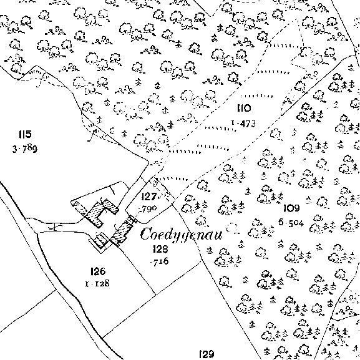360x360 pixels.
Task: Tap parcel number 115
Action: pos(25,134)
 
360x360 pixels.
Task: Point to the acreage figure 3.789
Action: pos(24,149)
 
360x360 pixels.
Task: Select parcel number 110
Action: pos(244,108)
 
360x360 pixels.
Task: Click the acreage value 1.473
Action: pos(243,124)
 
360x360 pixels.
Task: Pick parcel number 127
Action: pos(149,197)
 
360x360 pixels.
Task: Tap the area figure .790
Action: pos(148,209)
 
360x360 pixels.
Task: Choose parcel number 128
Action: pos(160,249)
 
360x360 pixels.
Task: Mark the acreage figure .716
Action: pos(160,261)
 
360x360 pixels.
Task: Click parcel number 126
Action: pos(98,271)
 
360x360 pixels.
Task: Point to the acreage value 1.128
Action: pos(97,284)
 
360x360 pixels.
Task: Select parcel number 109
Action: pos(291,208)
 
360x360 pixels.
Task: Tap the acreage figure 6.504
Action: pos(291,223)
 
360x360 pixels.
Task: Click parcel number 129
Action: pos(207,354)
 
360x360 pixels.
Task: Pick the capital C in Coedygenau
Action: pos(147,234)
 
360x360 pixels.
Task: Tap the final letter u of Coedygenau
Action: pos(218,236)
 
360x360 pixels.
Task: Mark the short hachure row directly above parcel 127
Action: pos(173,178)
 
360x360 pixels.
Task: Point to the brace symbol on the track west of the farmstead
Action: pos(55,227)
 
